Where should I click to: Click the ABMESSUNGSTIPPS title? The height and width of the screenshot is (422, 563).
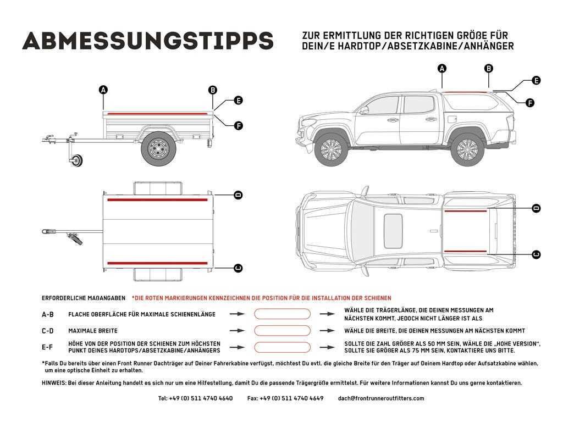coord(147,40)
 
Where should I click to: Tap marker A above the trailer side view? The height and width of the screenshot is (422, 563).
coord(103,90)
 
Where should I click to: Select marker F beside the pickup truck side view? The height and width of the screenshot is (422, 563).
coord(530,103)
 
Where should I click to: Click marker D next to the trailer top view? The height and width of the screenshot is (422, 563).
coord(238,195)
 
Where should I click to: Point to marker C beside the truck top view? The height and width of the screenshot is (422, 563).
coord(536,254)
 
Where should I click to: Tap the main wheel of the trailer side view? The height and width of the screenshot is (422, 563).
coord(158,148)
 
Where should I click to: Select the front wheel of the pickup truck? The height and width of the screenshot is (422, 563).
coord(331,149)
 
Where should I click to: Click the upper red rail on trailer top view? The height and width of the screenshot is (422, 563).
coord(157,200)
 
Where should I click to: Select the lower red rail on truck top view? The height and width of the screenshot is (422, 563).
coord(465,251)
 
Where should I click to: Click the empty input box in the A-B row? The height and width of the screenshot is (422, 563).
coord(281,314)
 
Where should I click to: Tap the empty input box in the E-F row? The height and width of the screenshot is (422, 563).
coord(281,347)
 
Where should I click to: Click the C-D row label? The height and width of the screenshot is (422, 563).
coord(48,331)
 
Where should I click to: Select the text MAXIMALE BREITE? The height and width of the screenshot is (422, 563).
coord(93,331)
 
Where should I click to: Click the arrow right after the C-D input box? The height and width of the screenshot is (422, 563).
coord(327,331)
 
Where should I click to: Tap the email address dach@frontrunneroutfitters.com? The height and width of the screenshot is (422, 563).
coord(381,398)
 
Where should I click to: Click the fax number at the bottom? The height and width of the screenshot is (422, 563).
coord(285,398)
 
